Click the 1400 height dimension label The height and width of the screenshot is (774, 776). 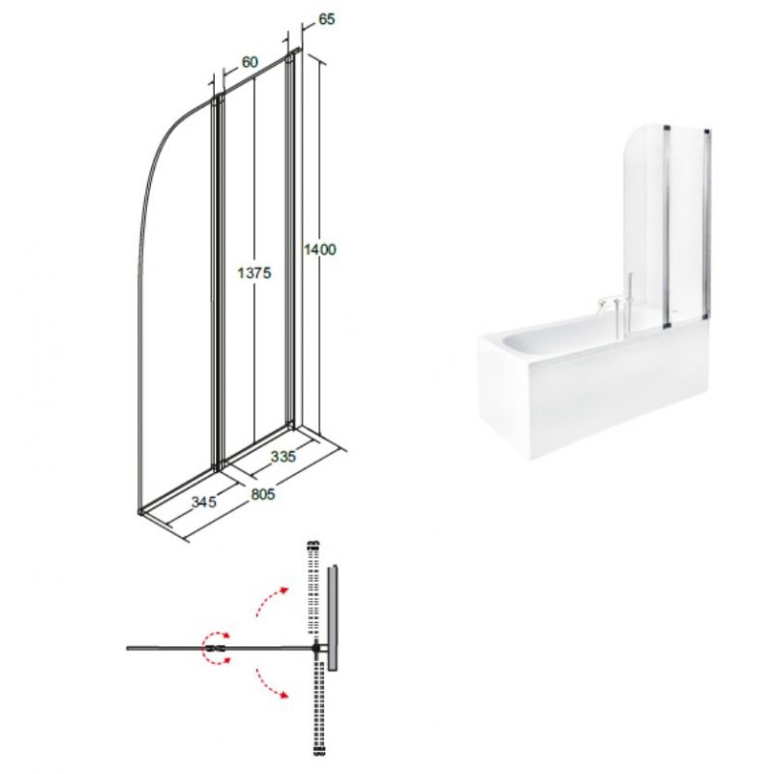coord(319,250)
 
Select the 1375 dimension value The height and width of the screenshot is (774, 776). coord(254,273)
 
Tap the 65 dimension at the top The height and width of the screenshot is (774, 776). coord(326,19)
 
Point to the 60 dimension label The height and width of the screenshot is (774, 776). coord(250,62)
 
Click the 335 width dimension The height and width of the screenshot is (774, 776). coord(284,456)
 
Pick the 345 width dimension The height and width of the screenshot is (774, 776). coord(204,502)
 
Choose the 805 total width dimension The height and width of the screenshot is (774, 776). coord(262,493)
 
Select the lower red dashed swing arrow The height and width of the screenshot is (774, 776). coord(272,683)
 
